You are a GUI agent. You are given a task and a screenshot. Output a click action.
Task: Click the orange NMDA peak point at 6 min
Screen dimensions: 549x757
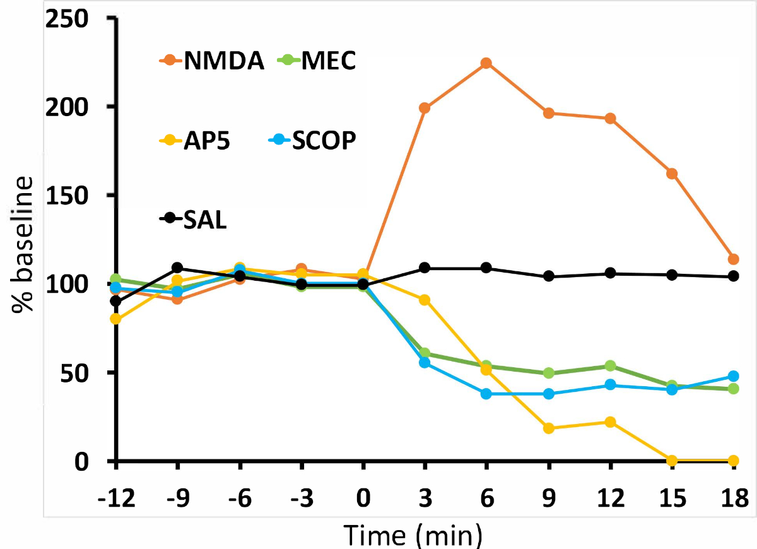(486, 63)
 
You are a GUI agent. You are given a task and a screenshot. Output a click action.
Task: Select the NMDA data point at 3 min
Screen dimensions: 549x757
(425, 108)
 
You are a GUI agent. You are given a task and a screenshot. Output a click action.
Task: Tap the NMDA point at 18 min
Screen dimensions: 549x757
(733, 259)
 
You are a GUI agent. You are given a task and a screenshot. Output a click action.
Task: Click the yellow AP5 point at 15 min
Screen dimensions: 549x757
(672, 460)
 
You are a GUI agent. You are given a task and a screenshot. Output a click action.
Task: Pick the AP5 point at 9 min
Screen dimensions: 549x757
(548, 428)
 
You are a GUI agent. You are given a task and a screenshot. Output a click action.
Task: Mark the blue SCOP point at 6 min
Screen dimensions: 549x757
(486, 394)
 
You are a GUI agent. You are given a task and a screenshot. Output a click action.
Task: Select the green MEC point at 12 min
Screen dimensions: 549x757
(610, 366)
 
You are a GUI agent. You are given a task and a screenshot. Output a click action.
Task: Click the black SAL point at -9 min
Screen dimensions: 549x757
(177, 268)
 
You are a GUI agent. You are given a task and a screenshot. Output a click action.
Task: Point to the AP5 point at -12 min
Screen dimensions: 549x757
(115, 319)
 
